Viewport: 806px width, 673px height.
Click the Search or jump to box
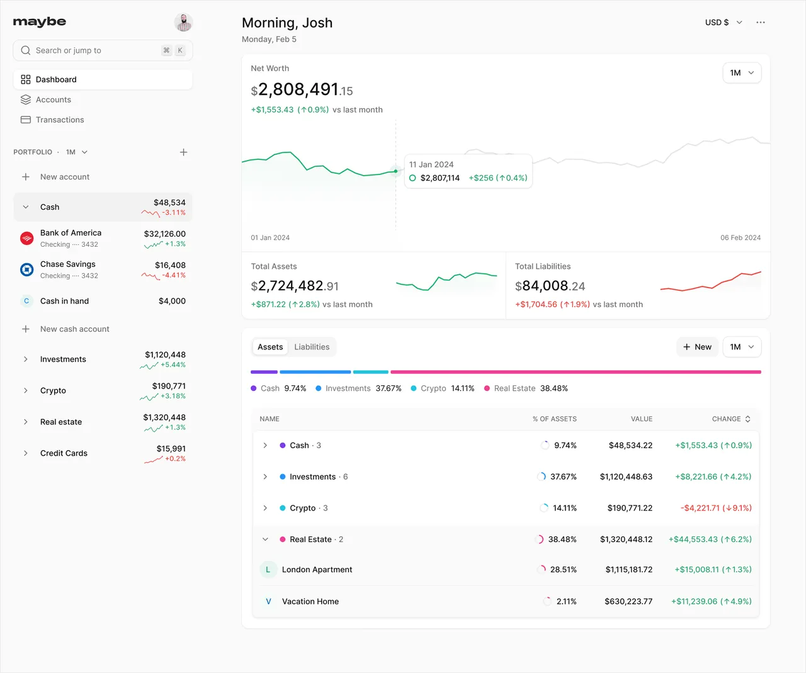tap(103, 50)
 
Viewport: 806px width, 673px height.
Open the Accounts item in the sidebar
tap(54, 99)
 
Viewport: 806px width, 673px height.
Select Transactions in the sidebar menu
tap(60, 120)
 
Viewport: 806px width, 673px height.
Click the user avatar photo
tap(183, 22)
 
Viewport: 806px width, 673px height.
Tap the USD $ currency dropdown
tap(724, 23)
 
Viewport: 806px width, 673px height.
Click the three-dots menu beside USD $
tap(761, 23)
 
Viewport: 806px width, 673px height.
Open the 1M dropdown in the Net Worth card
tap(742, 73)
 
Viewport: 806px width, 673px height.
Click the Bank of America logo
tap(26, 238)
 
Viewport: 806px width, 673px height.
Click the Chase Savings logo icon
tap(26, 269)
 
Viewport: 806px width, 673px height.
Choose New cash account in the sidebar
tap(74, 329)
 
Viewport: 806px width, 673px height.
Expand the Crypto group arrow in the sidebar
tap(25, 390)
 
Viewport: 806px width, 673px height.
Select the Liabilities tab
tap(312, 347)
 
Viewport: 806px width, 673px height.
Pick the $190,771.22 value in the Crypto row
tap(630, 508)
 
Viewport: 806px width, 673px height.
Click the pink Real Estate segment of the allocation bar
tap(576, 372)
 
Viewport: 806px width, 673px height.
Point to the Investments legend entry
tap(359, 388)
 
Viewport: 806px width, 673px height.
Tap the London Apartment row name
tap(317, 570)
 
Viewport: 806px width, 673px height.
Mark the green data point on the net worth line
tap(395, 171)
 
